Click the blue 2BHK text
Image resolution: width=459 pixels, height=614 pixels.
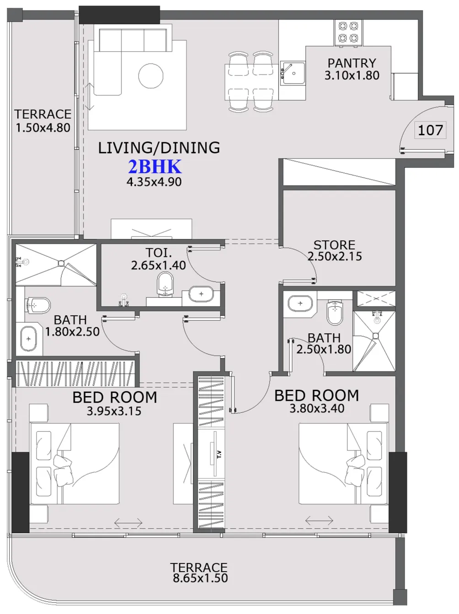(x=155, y=167)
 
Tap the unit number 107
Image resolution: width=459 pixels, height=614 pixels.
(x=430, y=130)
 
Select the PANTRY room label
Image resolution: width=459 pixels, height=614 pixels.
(x=352, y=63)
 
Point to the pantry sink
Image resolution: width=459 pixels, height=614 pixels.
(x=293, y=73)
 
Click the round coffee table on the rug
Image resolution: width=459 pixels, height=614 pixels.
(x=151, y=76)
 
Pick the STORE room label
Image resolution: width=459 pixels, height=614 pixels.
(x=334, y=245)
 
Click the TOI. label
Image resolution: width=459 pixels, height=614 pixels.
(x=159, y=253)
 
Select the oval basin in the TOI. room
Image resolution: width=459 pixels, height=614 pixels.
(x=201, y=294)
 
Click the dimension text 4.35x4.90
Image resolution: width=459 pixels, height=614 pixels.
(x=154, y=182)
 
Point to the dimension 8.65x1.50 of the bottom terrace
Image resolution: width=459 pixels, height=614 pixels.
(x=200, y=578)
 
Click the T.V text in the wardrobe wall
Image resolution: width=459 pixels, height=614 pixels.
(x=219, y=454)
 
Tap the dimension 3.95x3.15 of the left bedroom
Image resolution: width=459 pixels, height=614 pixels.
(x=114, y=411)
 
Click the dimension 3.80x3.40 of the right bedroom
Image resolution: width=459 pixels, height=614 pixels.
(x=317, y=408)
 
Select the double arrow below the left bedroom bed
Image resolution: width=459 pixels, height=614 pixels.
(x=128, y=522)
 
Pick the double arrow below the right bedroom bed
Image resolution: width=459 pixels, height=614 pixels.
(x=319, y=520)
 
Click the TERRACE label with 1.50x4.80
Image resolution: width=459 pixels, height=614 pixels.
(x=43, y=114)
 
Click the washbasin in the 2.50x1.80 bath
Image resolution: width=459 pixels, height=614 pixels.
(x=300, y=303)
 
